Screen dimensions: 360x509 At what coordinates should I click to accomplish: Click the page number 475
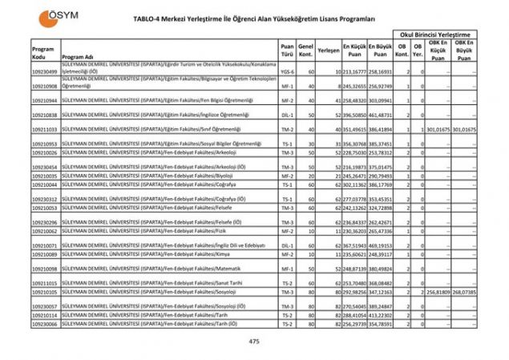(x=254, y=342)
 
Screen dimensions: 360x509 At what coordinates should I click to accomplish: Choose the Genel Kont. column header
(x=305, y=49)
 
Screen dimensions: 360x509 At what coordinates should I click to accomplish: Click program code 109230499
(x=44, y=71)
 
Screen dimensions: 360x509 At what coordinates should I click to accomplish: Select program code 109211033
(x=44, y=129)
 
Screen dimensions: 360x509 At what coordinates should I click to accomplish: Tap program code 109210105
(x=44, y=293)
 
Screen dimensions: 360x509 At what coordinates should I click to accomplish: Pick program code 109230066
(x=44, y=324)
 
